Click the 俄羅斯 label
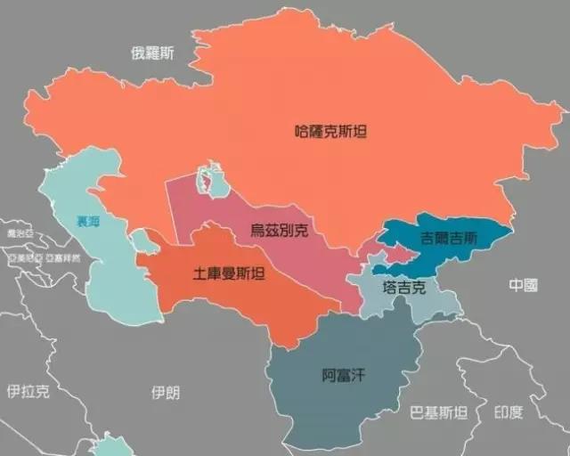152,53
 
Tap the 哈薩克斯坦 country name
330,131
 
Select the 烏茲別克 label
280,231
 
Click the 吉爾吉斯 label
449,238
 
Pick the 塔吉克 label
404,288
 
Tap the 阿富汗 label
344,375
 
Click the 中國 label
524,285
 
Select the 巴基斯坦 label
438,412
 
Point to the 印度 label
509,412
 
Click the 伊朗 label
166,392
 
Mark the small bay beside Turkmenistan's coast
140,240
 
